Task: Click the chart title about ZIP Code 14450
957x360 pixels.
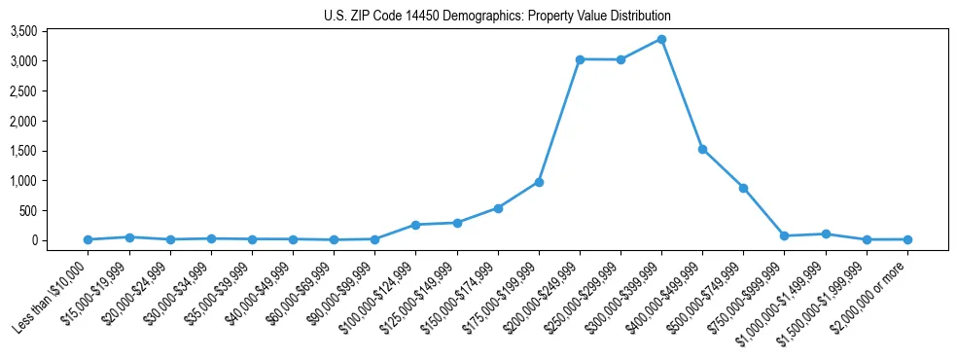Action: [x=497, y=17]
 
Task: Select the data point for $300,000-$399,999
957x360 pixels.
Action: [x=661, y=39]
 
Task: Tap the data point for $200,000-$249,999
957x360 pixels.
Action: [x=580, y=59]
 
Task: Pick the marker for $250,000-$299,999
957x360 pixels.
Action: [x=620, y=60]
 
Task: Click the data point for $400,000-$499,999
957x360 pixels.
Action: [x=702, y=149]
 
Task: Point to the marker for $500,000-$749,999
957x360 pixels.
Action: [x=743, y=188]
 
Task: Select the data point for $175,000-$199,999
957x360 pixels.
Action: [x=539, y=182]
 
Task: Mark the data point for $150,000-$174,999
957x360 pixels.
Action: [x=498, y=208]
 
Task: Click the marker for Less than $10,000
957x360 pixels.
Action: [x=89, y=239]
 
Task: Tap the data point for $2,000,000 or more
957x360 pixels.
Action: [x=907, y=239]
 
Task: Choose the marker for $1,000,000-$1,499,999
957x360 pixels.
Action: [x=826, y=234]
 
